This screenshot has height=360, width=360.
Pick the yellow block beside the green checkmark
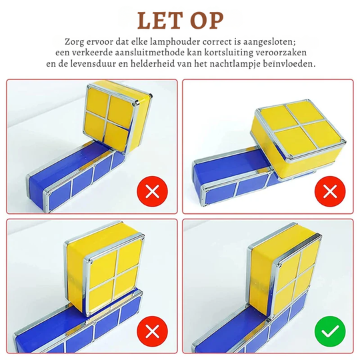tap(283, 273)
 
